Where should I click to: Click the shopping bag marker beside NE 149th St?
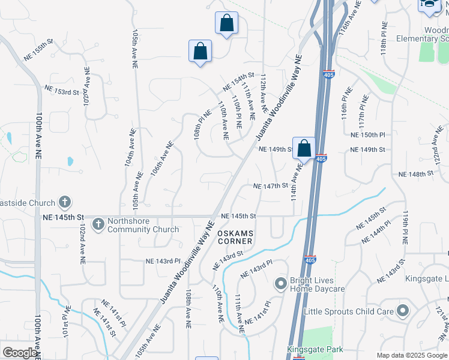[304, 148]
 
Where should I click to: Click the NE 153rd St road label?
[62, 90]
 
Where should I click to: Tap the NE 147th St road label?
[271, 187]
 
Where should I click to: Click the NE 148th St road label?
[415, 174]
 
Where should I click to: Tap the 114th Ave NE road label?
[295, 179]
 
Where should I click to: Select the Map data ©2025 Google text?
[412, 355]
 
